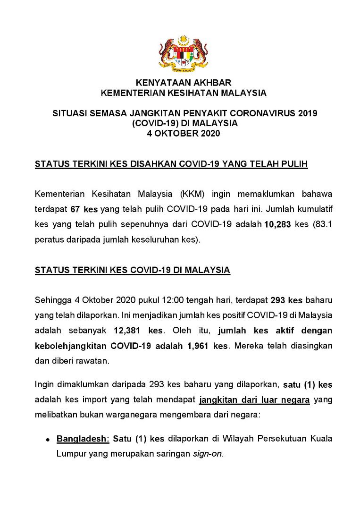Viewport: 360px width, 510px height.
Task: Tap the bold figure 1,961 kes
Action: click(x=207, y=346)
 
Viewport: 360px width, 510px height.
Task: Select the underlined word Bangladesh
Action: click(x=83, y=439)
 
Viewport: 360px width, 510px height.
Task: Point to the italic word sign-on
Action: click(x=207, y=454)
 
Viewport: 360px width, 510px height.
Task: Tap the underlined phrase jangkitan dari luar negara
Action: click(x=254, y=400)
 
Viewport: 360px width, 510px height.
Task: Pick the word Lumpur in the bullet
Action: click(x=72, y=454)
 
